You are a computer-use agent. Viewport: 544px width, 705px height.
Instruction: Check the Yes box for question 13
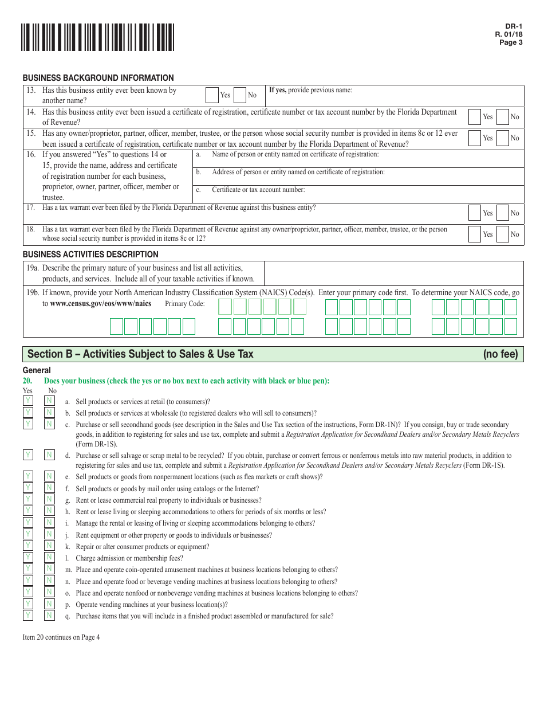pos(212,95)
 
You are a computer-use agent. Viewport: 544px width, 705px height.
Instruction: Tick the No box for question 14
pos(503,117)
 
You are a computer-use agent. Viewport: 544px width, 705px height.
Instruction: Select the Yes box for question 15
pos(475,138)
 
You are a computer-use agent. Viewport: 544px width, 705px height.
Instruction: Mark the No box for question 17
pos(503,213)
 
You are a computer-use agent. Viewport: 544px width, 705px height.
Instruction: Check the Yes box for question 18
pos(475,234)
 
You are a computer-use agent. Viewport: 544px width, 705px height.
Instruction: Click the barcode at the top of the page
pos(98,37)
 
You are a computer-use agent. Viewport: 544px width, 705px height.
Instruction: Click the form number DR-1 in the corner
pos(514,26)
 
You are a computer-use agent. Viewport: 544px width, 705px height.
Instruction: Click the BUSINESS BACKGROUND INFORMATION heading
pos(98,78)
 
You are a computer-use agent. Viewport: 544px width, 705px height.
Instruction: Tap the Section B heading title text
pos(140,354)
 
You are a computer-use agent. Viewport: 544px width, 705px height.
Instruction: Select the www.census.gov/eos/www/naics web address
pos(101,304)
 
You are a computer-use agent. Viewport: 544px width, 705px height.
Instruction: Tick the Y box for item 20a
pos(27,401)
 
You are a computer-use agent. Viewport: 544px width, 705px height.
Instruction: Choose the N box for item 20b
pos(50,412)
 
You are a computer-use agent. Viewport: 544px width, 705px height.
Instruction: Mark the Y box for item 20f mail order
pos(27,488)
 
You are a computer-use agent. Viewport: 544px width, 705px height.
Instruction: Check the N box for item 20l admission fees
pos(50,557)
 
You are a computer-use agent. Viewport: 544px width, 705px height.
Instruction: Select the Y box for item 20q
pos(27,615)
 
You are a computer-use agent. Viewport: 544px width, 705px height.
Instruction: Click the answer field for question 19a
pos(393,273)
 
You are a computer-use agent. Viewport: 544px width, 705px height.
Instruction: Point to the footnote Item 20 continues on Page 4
pos(61,637)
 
